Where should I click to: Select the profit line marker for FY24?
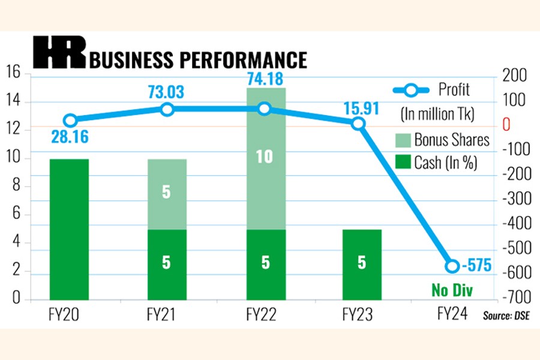click(x=453, y=266)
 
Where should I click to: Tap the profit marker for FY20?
click(x=70, y=120)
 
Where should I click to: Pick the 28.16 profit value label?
click(x=70, y=137)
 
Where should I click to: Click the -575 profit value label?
click(x=478, y=265)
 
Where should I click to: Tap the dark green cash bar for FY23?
click(x=362, y=264)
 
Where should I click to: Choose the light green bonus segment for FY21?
click(x=166, y=194)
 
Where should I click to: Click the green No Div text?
click(x=452, y=291)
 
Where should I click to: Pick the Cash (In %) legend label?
click(x=445, y=163)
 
